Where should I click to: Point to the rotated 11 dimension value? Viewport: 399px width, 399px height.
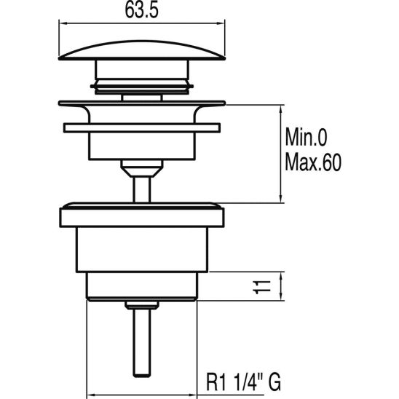tap(266, 285)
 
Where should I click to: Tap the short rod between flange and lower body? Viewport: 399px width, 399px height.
tap(141, 187)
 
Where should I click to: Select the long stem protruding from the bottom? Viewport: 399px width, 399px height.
tap(141, 342)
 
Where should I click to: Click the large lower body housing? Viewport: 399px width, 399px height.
tap(141, 248)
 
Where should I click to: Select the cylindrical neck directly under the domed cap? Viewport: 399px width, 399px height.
tap(141, 76)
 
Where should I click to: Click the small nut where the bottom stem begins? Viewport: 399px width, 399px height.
tap(141, 304)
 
